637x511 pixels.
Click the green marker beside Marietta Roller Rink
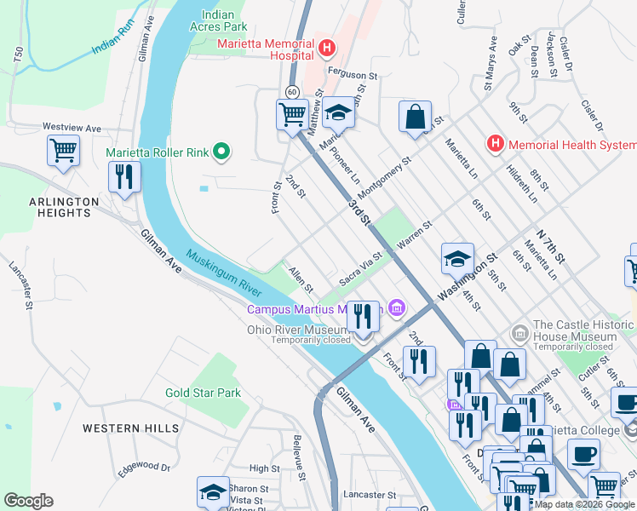click(x=221, y=153)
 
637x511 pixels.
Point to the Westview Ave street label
click(x=72, y=128)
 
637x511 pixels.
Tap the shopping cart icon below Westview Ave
click(x=63, y=151)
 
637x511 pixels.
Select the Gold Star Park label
click(x=204, y=393)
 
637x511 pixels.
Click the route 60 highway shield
click(x=292, y=91)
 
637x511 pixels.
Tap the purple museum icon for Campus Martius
click(x=396, y=307)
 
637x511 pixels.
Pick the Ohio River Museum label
click(x=297, y=329)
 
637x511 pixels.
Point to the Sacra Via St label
click(x=361, y=270)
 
